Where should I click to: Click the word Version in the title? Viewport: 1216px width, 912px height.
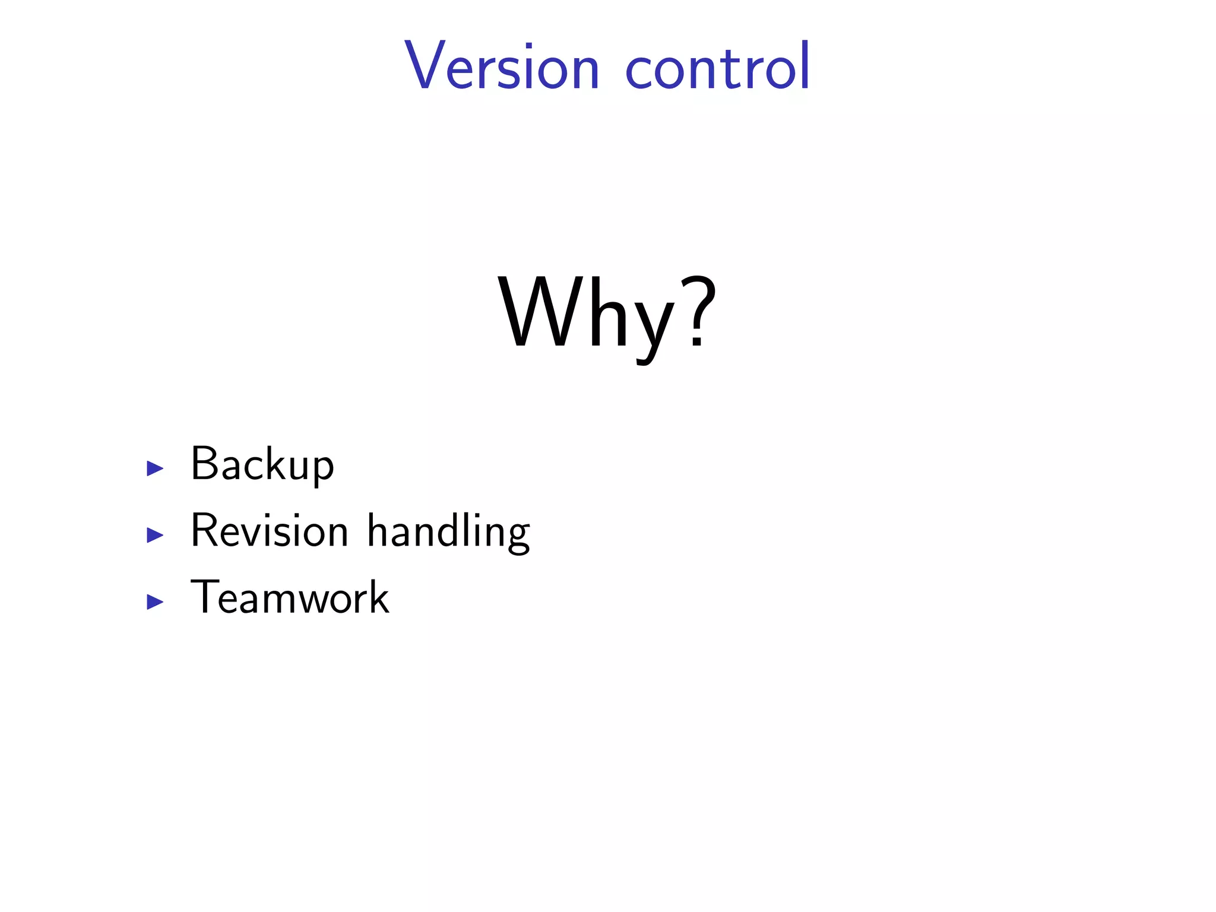tap(502, 66)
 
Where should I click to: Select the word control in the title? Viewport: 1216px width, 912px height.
tap(717, 66)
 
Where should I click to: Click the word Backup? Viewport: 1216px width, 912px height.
tap(262, 464)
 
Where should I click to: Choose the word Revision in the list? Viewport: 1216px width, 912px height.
tap(269, 530)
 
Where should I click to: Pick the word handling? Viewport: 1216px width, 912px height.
tap(448, 531)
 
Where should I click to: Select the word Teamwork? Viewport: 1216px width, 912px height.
tap(290, 597)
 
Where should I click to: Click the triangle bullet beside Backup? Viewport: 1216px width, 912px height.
tap(155, 468)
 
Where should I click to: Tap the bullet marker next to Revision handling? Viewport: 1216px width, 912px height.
tap(155, 535)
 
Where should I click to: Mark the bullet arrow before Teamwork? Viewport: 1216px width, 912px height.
tap(155, 602)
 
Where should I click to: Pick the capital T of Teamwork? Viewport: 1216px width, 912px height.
tap(205, 597)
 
